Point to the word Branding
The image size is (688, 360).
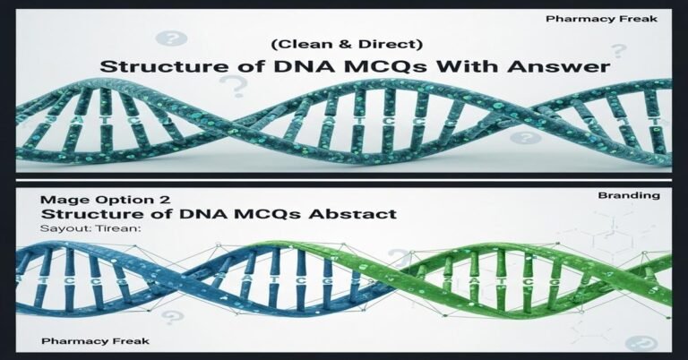638,194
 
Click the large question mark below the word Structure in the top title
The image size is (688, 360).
235,87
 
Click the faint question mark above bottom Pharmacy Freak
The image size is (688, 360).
174,316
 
